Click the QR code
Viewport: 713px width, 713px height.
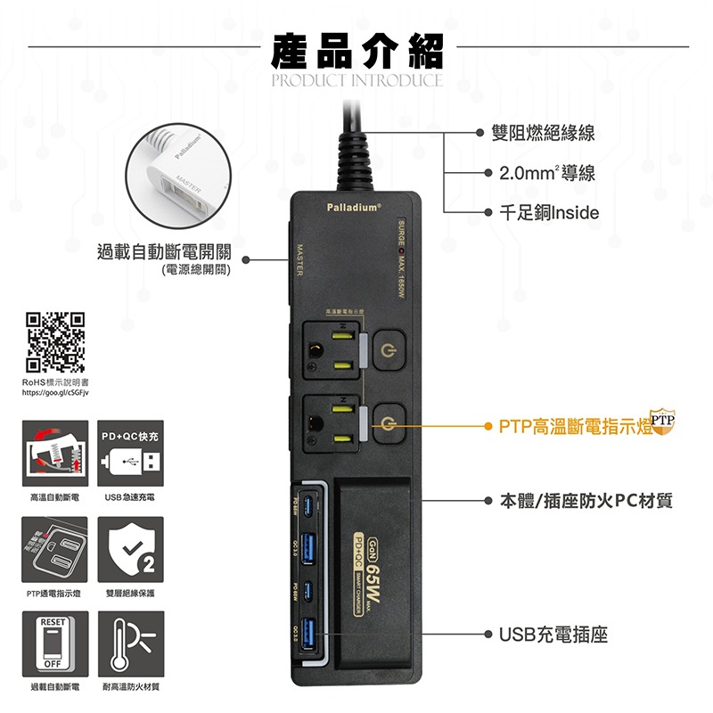(55, 341)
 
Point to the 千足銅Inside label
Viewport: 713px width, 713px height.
(549, 213)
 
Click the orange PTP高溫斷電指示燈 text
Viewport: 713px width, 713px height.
(575, 427)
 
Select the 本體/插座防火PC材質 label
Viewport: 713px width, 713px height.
(585, 501)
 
